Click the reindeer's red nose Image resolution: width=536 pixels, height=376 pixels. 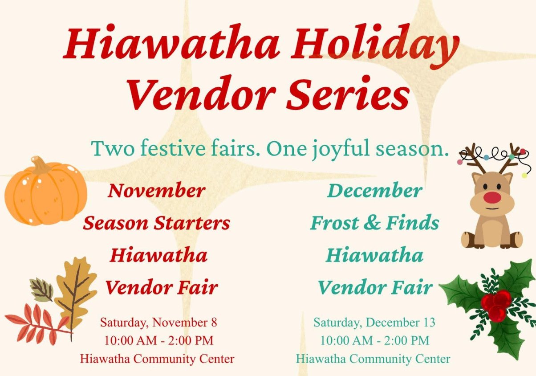(x=492, y=197)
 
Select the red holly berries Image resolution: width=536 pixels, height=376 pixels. (x=496, y=305)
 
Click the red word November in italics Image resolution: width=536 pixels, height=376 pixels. (x=156, y=191)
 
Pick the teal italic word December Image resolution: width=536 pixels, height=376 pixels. (x=374, y=191)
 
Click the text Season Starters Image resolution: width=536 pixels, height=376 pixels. (x=156, y=222)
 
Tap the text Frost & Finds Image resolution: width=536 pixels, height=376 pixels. (x=374, y=222)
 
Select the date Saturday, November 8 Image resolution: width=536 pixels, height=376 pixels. (x=158, y=322)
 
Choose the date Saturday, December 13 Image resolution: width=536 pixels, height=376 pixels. (x=374, y=322)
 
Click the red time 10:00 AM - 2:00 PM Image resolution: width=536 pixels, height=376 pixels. (x=158, y=340)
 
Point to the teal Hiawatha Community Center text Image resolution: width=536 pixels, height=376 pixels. (x=373, y=358)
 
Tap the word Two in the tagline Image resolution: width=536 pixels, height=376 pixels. (x=109, y=148)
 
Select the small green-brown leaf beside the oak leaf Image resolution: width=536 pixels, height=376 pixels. (x=42, y=289)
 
